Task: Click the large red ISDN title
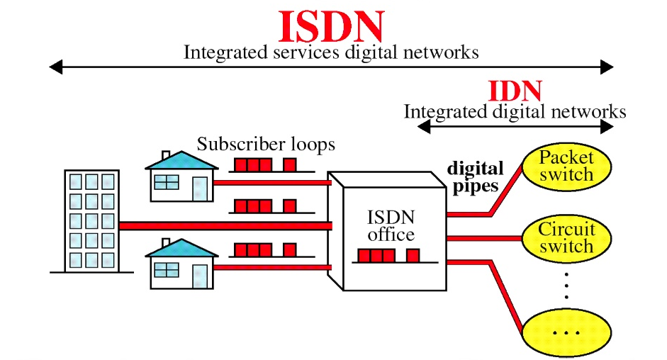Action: [331, 26]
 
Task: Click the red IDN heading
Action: [515, 91]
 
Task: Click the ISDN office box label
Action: [391, 225]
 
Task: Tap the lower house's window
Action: [167, 270]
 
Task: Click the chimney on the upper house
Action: [166, 155]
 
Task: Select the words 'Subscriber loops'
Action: [266, 145]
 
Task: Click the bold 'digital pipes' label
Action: [474, 178]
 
